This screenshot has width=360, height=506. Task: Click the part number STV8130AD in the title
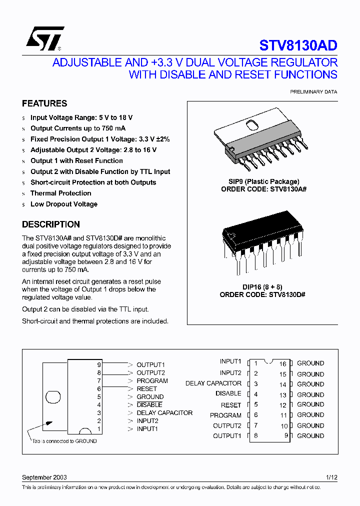point(298,45)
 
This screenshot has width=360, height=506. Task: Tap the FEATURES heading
point(44,103)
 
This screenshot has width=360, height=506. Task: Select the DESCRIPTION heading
point(51,224)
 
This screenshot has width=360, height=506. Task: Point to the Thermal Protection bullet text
point(60,193)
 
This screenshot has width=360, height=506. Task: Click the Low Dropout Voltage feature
point(63,204)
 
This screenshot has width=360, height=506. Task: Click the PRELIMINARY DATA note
point(313,92)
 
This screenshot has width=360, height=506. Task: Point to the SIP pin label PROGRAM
point(152,380)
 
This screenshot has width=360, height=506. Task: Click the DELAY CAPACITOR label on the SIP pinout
point(164,412)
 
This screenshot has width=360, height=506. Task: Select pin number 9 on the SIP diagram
point(99,364)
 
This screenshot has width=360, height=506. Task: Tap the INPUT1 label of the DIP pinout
point(230,361)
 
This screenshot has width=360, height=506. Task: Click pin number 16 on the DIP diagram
point(282,364)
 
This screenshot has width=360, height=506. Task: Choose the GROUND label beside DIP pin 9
point(310,435)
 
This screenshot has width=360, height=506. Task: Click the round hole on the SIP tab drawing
point(53,397)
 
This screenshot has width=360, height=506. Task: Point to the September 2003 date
point(44,477)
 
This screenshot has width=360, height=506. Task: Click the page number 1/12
point(331,477)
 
